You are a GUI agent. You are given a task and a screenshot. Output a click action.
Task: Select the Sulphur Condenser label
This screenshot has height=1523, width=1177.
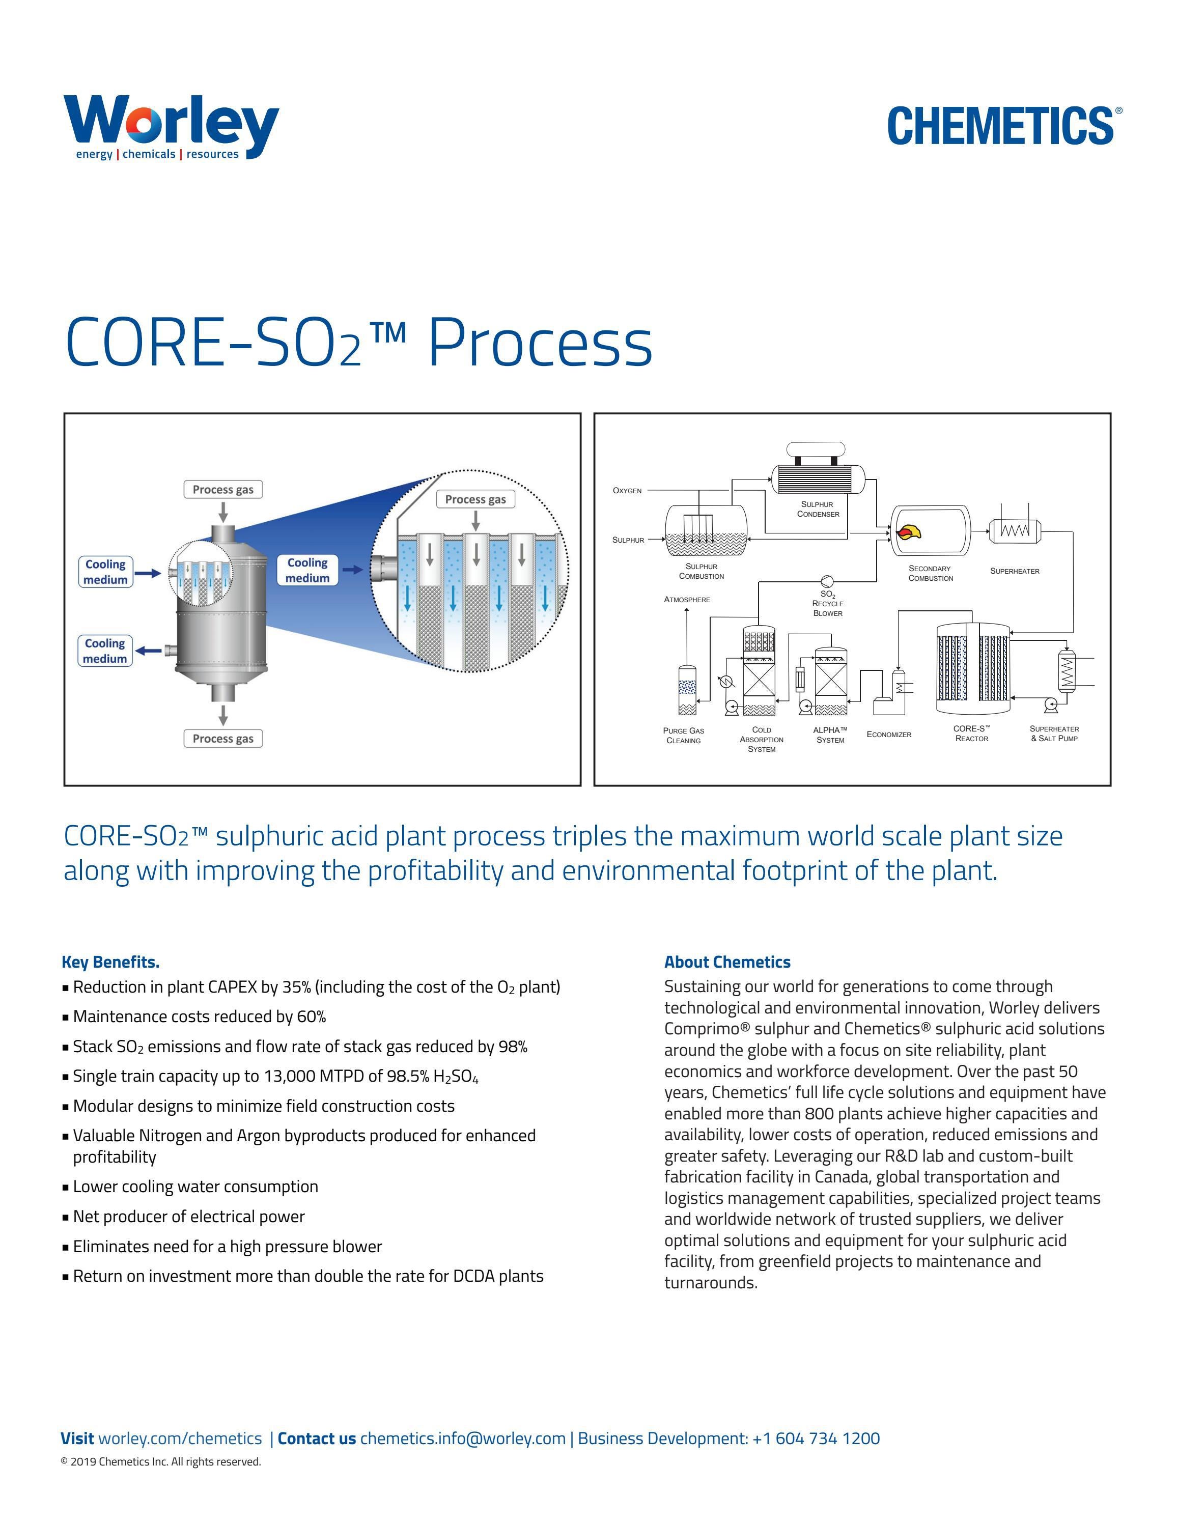[818, 509]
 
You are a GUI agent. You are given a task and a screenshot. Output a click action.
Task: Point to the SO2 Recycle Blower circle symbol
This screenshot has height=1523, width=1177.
[827, 581]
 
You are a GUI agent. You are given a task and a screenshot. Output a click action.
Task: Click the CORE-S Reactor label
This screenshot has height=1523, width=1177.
[971, 733]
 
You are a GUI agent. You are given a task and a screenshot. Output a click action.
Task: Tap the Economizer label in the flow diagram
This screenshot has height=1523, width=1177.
[888, 735]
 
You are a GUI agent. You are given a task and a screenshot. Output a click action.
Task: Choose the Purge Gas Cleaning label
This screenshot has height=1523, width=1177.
[683, 735]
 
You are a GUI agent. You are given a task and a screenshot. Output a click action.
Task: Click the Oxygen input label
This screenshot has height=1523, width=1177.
[627, 490]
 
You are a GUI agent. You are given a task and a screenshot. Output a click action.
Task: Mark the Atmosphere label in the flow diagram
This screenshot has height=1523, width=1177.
[687, 599]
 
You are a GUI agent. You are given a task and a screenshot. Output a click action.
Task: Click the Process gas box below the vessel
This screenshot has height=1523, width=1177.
[223, 739]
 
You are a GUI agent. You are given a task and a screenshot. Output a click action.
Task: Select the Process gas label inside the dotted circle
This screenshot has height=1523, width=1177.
[475, 499]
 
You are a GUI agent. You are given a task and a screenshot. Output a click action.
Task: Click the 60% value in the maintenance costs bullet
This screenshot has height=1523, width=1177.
[311, 1017]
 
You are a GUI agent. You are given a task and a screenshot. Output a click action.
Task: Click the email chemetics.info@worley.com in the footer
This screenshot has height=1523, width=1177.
[462, 1438]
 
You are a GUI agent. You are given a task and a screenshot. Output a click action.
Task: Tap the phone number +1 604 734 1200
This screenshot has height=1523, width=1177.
[816, 1438]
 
